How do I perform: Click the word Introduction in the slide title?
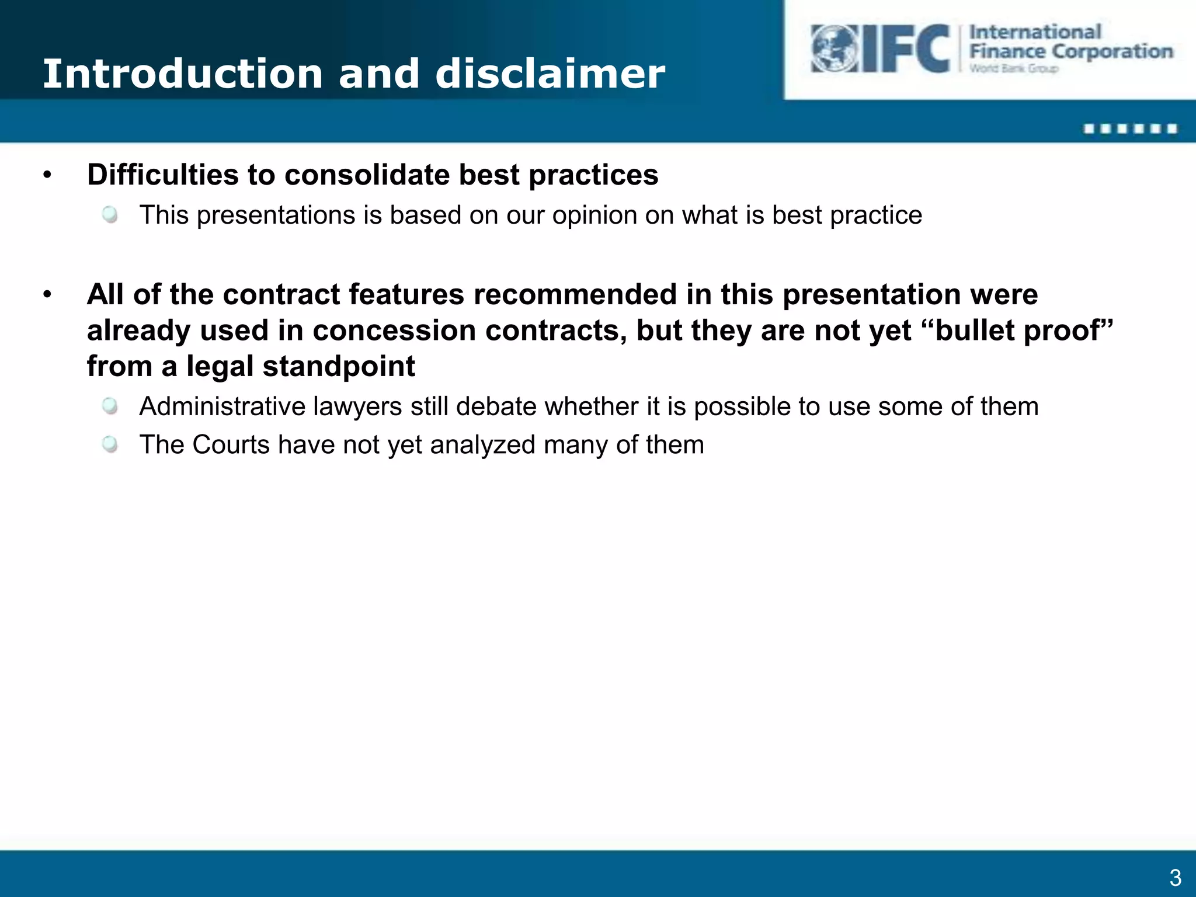point(183,74)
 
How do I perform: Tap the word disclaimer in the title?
point(550,74)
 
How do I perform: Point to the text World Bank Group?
point(1014,69)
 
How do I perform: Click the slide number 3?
point(1175,878)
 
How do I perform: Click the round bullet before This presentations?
point(110,215)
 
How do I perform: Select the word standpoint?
point(339,367)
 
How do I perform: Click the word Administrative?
point(222,406)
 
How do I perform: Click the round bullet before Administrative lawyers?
point(110,406)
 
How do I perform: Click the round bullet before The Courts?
point(110,444)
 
